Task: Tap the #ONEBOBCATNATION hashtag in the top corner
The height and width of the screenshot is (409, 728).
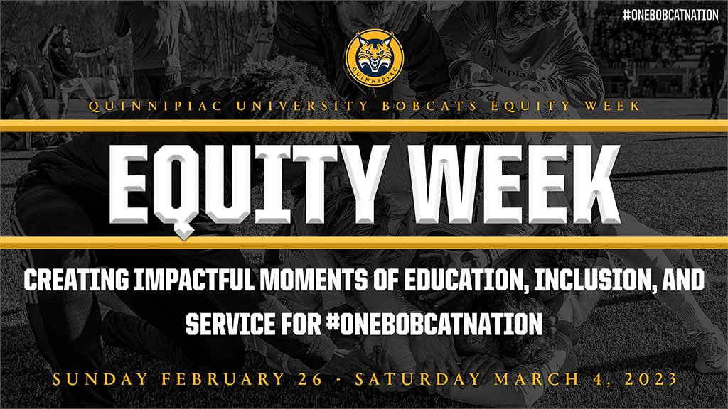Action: pos(670,15)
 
